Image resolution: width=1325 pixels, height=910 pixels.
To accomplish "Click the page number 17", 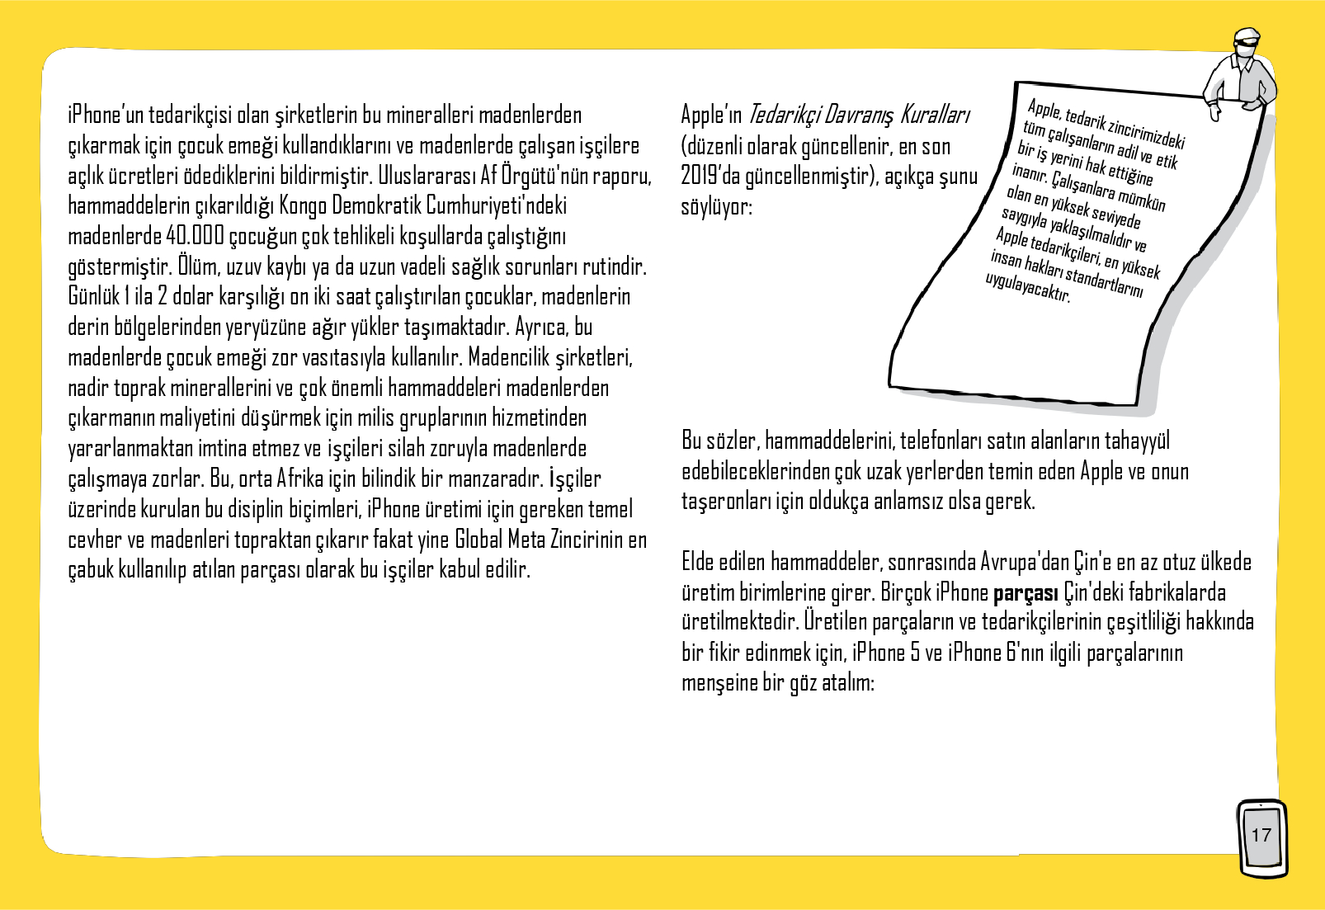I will tap(1261, 835).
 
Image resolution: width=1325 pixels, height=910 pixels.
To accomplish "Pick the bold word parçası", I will tap(1026, 593).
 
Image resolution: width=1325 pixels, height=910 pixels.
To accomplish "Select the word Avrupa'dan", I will tap(1025, 563).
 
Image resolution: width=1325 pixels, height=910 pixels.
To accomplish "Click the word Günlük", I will tap(93, 296).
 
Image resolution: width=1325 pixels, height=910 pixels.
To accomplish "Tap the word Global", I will tap(479, 540).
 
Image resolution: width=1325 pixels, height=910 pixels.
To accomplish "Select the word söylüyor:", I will tap(716, 206).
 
